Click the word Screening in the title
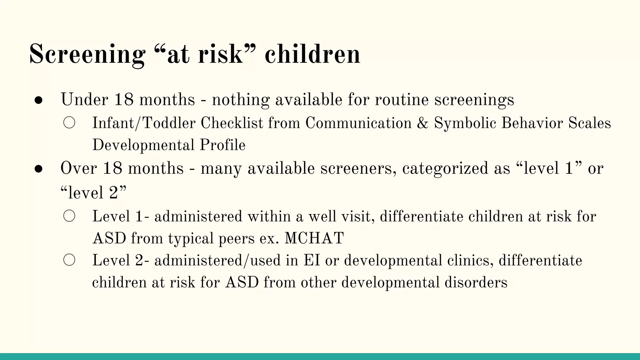[x=87, y=55]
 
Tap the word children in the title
[x=312, y=55]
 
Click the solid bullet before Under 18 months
[x=38, y=100]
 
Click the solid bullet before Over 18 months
[x=38, y=169]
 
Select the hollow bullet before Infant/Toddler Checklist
[x=69, y=123]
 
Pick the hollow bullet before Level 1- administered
[x=69, y=216]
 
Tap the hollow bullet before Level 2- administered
[x=69, y=260]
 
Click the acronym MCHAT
[x=314, y=238]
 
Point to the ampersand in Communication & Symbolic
[x=422, y=123]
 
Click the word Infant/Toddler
[x=144, y=123]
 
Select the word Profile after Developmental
[x=222, y=145]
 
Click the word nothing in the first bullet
[x=240, y=100]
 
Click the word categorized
[x=445, y=169]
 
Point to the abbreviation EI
[x=312, y=261]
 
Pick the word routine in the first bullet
[x=401, y=100]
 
